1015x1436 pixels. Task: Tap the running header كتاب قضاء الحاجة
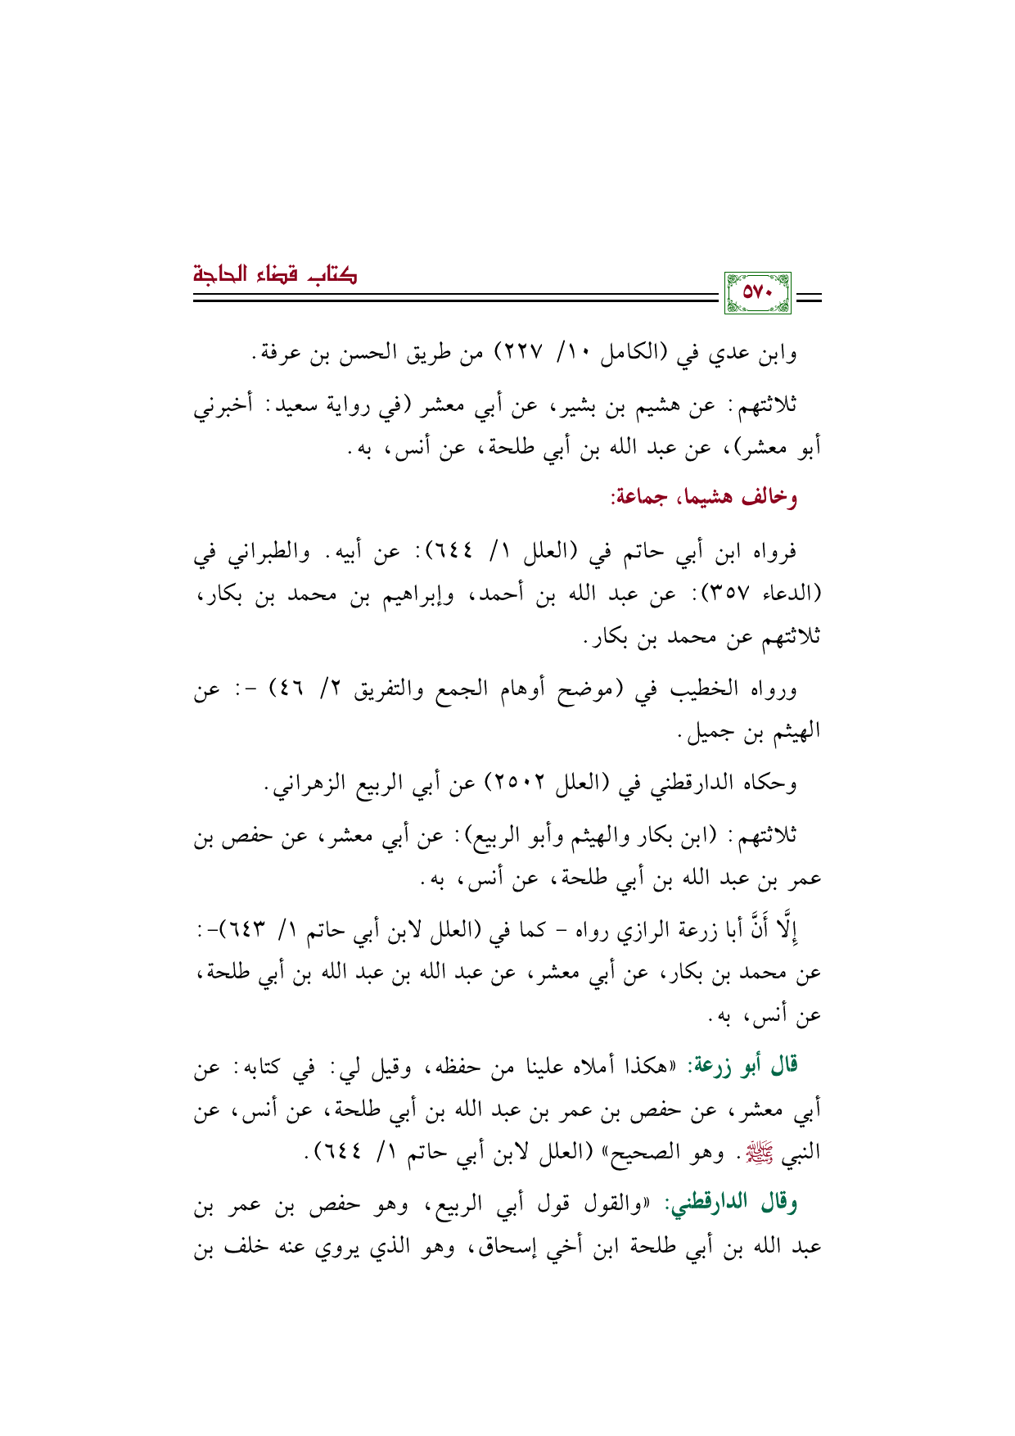pyautogui.click(x=275, y=273)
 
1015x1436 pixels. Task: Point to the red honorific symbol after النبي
pyautogui.click(x=753, y=1154)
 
